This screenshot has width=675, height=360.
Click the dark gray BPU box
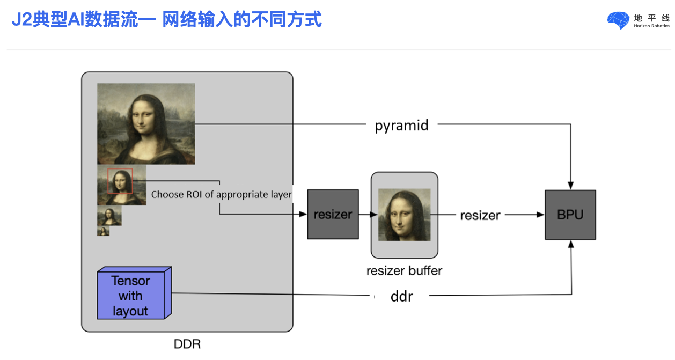pos(570,215)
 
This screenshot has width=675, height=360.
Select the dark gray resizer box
pos(333,214)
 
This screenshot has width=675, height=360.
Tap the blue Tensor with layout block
pos(134,293)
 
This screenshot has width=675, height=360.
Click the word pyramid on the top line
pos(402,126)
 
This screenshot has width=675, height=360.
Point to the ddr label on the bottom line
pos(402,297)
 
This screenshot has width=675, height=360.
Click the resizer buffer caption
pos(405,270)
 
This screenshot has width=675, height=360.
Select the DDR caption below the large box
pos(187,344)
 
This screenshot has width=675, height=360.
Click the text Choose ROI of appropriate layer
pos(222,195)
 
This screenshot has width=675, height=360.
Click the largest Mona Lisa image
pos(146,124)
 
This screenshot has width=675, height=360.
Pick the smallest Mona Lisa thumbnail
pos(103,231)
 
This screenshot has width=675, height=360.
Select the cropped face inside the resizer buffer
pos(405,215)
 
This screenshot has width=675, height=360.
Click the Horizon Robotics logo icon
pos(618,20)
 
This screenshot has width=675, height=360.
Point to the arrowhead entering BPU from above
pos(570,185)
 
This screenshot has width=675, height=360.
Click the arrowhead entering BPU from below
pos(571,244)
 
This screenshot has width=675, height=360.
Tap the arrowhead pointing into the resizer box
pos(303,214)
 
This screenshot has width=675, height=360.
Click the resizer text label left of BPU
pos(480,215)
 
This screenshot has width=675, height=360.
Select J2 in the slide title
pos(21,19)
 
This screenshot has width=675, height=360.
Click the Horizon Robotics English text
pos(651,26)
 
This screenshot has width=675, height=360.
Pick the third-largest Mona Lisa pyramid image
pos(109,215)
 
